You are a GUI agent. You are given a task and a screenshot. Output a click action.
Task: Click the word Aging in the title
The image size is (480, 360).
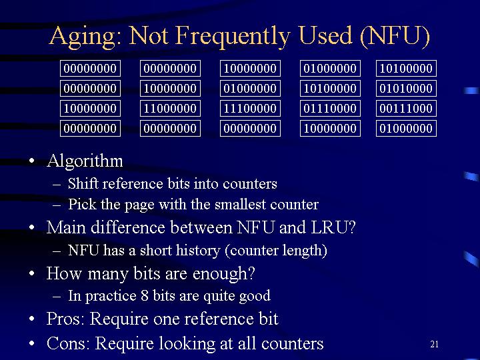click(82, 37)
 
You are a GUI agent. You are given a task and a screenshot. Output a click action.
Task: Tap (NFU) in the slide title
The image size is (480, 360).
click(395, 36)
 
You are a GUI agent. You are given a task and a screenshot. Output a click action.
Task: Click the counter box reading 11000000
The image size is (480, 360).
click(170, 109)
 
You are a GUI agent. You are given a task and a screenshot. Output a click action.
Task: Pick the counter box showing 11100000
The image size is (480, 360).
click(250, 109)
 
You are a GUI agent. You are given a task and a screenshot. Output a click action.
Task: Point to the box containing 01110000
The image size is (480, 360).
click(330, 109)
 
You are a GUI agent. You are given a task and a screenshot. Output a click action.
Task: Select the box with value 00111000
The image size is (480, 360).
click(406, 109)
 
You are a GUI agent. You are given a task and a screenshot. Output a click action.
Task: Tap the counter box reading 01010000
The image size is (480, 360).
click(406, 89)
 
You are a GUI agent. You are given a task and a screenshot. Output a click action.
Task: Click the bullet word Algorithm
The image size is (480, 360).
click(85, 161)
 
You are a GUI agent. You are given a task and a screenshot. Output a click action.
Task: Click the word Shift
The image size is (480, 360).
click(83, 184)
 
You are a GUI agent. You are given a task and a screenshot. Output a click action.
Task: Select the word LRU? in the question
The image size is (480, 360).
click(333, 227)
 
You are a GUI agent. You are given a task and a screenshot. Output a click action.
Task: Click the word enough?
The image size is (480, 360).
click(223, 273)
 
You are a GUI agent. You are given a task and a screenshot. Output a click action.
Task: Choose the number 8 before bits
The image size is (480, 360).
click(145, 296)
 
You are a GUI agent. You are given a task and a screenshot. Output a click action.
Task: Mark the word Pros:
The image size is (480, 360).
click(65, 319)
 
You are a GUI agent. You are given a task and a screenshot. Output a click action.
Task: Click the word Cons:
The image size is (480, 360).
click(68, 343)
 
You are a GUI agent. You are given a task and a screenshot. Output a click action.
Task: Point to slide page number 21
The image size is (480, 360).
click(435, 345)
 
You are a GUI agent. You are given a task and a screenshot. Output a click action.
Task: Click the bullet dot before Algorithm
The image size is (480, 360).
click(31, 161)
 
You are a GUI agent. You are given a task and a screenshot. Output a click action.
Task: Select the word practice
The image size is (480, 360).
click(111, 296)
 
